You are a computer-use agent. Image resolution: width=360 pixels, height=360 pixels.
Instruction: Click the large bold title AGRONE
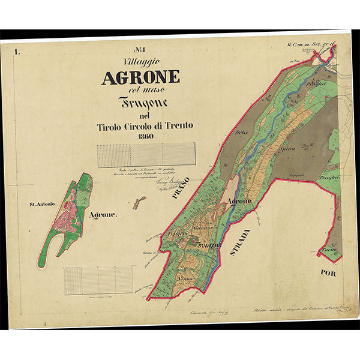140,77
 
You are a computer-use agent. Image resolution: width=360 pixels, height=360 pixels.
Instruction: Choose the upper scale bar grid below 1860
146,155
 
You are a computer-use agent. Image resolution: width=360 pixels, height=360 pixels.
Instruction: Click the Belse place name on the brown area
242,132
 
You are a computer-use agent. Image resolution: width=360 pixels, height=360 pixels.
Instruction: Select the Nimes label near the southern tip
185,279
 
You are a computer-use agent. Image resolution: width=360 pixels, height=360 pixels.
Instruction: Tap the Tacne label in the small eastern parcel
329,249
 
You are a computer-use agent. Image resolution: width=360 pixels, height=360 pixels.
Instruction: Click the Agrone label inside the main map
239,202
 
